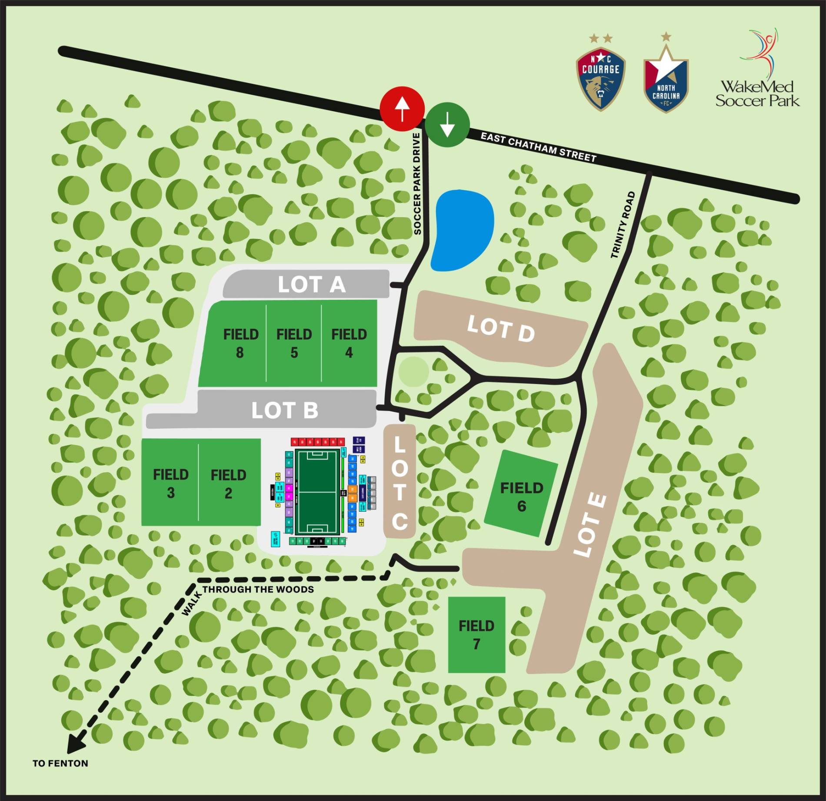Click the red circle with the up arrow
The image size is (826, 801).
point(402,109)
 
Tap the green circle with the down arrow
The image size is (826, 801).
point(447,125)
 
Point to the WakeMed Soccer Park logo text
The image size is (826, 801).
point(757,93)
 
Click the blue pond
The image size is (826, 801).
point(463,230)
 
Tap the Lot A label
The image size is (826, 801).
point(311,285)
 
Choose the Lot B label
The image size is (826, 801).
point(285,410)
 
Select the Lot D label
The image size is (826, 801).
point(500,329)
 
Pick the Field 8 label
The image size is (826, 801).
point(240,343)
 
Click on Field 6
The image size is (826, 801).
point(521,496)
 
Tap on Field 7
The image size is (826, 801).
point(476,634)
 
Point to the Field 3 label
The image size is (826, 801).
point(170,483)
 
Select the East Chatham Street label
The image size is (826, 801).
point(538,148)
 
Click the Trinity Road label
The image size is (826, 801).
point(623,225)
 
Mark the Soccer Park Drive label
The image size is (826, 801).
point(417,184)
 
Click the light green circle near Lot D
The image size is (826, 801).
point(413,372)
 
